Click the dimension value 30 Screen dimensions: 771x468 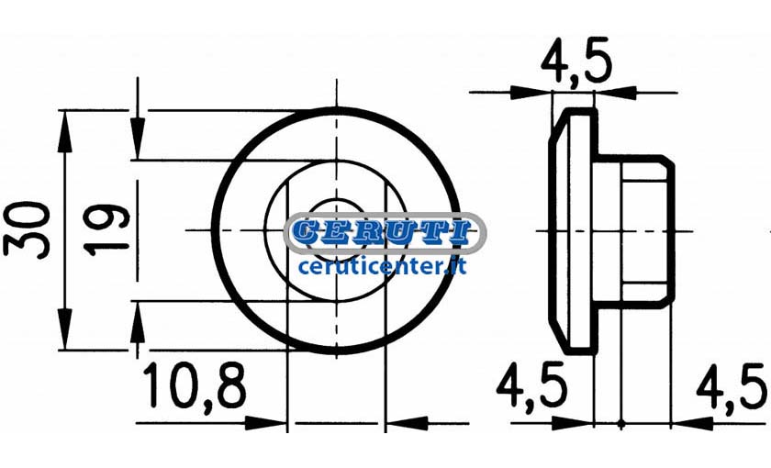pyautogui.click(x=27, y=229)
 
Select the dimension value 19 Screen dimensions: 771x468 pyautogui.click(x=106, y=230)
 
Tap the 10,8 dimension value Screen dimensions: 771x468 pyautogui.click(x=195, y=385)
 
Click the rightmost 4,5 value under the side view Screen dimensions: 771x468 pyautogui.click(x=732, y=387)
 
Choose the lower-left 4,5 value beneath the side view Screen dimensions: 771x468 pyautogui.click(x=531, y=387)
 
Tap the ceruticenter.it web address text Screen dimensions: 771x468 pyautogui.click(x=382, y=266)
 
